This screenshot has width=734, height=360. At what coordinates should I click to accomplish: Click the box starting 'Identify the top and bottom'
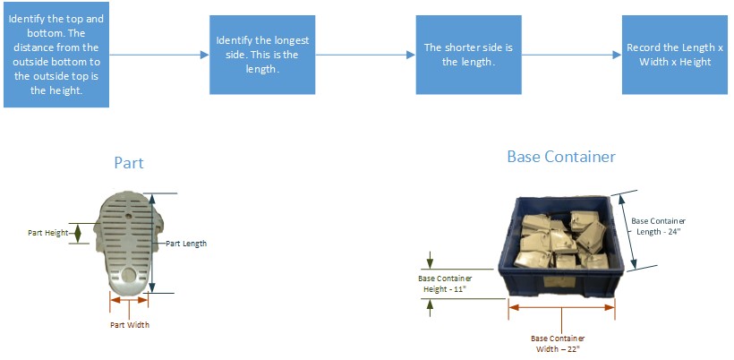[x=56, y=55]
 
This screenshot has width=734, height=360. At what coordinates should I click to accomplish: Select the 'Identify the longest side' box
[x=262, y=55]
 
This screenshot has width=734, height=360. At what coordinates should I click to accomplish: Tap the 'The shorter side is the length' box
[x=468, y=55]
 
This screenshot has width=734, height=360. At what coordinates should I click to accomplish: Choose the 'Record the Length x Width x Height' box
[x=675, y=55]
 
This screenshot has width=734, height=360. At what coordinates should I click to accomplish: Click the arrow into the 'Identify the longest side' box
[x=159, y=55]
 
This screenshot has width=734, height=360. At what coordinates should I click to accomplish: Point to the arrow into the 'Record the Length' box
[x=572, y=55]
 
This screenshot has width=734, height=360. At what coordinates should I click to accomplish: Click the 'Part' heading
[x=129, y=163]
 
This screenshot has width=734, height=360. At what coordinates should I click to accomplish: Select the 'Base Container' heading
[x=561, y=157]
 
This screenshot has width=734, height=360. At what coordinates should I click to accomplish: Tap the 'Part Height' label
[x=47, y=233]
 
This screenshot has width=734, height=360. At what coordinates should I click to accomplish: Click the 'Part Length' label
[x=187, y=244]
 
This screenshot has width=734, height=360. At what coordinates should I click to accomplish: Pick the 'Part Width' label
[x=130, y=324]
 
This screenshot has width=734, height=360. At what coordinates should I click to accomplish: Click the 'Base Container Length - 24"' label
[x=658, y=226]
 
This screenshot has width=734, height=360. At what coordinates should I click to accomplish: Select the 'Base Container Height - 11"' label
[x=445, y=284]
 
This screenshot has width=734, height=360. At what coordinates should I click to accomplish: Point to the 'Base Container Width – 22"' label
[x=558, y=343]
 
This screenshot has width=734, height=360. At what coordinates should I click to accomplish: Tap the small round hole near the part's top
[x=129, y=217]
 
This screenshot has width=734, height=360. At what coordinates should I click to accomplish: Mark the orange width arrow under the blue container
[x=562, y=307]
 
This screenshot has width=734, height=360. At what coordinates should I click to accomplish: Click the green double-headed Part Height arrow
[x=78, y=233]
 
